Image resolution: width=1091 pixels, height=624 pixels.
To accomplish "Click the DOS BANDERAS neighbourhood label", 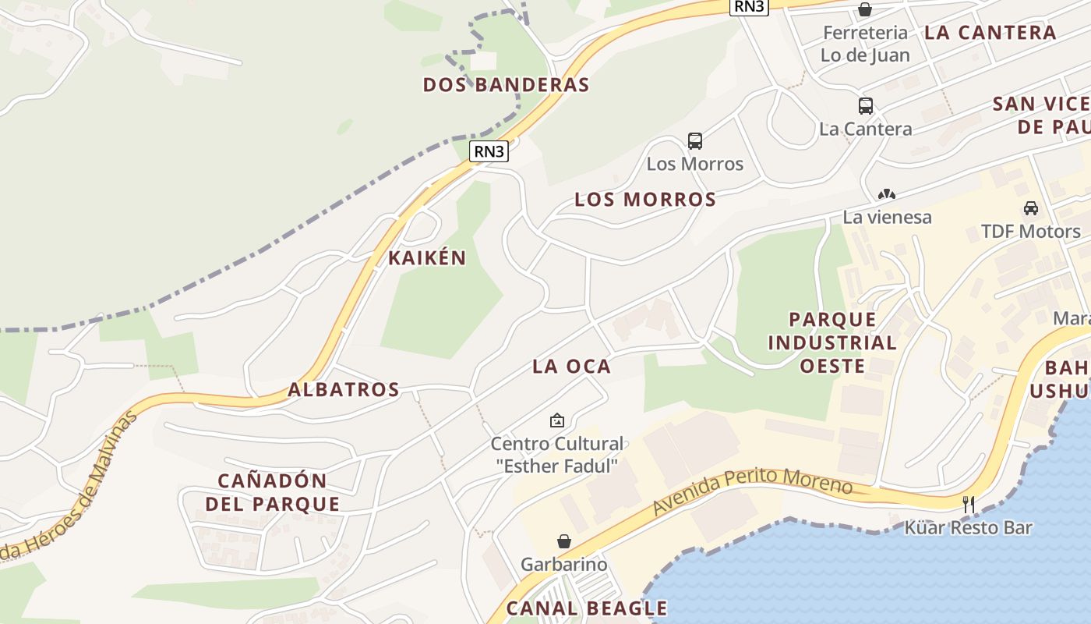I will [x=506, y=85].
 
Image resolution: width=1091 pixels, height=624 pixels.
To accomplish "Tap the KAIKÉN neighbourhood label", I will [x=427, y=258].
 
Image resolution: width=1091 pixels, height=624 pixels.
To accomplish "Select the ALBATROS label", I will [x=344, y=389].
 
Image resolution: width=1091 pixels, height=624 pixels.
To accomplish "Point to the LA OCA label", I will [x=571, y=366].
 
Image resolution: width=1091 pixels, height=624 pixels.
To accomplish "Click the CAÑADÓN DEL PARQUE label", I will [x=272, y=492].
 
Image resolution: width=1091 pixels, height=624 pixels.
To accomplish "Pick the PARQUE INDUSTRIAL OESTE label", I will [x=832, y=342].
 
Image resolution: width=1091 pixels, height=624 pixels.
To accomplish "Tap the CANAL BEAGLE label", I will [x=587, y=608].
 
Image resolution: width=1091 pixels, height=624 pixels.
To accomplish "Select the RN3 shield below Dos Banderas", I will [x=489, y=151].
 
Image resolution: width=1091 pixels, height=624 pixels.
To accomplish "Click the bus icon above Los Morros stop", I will [x=695, y=141].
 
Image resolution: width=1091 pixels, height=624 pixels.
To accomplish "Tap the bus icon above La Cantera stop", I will [x=865, y=106].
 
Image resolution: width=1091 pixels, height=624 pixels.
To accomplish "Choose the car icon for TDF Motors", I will [x=1030, y=208].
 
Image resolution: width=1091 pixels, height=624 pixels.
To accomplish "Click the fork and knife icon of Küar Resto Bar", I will [x=968, y=505].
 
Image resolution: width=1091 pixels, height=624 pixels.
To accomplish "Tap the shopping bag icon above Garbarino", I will [x=563, y=541].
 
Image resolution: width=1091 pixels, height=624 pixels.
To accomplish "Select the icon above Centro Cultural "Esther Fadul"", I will [x=557, y=421].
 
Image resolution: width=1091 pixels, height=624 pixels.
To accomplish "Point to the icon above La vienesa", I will [x=887, y=194].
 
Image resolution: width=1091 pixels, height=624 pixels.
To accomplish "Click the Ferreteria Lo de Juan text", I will [x=865, y=44].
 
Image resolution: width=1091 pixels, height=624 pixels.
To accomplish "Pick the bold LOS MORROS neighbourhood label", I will [x=645, y=200].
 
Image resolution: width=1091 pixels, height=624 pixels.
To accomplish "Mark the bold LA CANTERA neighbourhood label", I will [x=990, y=33].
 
